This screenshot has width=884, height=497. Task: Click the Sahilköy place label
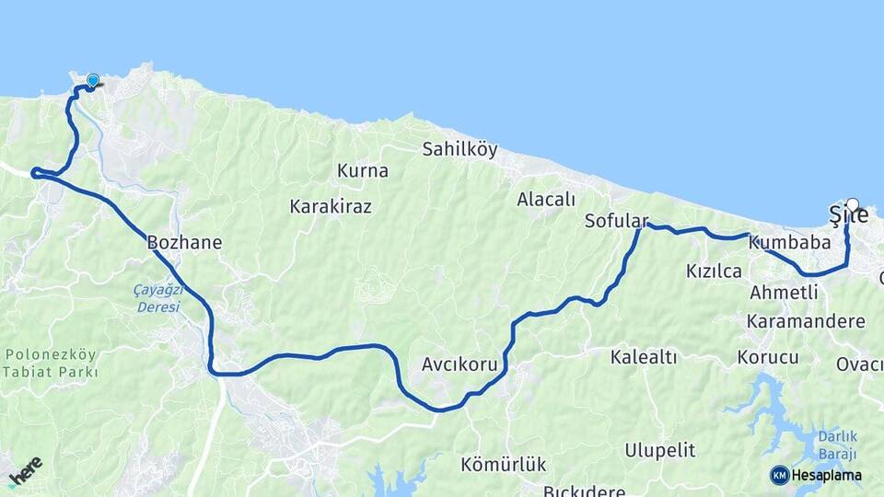click(459, 148)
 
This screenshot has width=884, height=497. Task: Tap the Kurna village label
click(363, 171)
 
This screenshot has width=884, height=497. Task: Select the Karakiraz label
click(331, 206)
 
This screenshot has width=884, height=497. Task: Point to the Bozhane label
click(184, 243)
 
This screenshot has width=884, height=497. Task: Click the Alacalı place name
click(546, 199)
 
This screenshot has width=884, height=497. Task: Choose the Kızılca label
click(714, 271)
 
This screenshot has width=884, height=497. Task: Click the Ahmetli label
click(784, 293)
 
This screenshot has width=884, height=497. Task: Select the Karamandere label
click(806, 321)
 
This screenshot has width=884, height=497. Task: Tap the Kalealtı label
click(644, 357)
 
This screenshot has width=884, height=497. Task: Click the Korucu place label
click(768, 357)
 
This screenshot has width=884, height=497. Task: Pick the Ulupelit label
click(659, 451)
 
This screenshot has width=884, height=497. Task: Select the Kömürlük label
click(504, 465)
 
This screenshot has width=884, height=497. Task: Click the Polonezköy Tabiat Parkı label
click(51, 364)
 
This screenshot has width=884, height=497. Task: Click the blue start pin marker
click(92, 81)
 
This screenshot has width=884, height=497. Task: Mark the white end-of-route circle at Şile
click(852, 205)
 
